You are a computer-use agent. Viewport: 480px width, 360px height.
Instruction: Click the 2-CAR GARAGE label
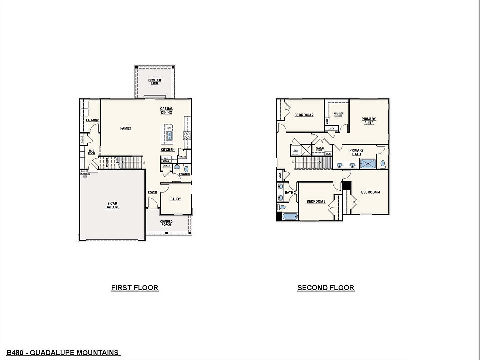(x=112, y=205)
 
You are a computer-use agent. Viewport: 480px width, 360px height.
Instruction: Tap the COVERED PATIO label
(x=154, y=82)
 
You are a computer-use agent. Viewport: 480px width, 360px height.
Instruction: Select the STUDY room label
(x=175, y=199)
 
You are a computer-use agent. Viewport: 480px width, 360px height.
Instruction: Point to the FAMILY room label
(x=126, y=128)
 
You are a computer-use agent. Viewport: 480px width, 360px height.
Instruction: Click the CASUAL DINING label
(x=166, y=111)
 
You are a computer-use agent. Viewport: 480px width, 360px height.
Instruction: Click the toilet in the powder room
(x=186, y=169)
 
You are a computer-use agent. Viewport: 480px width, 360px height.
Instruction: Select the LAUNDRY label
(x=92, y=120)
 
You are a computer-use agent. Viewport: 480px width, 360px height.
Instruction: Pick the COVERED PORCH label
(x=166, y=223)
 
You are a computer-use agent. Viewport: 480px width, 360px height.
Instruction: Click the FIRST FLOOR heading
(x=134, y=288)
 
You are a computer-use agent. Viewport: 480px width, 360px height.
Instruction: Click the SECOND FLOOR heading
(x=326, y=288)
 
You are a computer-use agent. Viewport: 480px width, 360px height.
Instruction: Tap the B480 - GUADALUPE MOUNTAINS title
(x=60, y=353)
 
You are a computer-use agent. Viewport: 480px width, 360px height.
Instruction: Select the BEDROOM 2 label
(x=304, y=115)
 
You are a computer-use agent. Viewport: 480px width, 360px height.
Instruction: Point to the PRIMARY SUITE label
(x=369, y=121)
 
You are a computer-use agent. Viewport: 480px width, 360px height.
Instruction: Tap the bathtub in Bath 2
(x=288, y=216)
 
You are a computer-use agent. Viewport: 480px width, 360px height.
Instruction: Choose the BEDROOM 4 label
(x=370, y=192)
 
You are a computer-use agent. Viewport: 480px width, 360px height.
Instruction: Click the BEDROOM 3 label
(x=316, y=201)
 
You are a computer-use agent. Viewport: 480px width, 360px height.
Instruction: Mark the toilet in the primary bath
(x=383, y=163)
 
